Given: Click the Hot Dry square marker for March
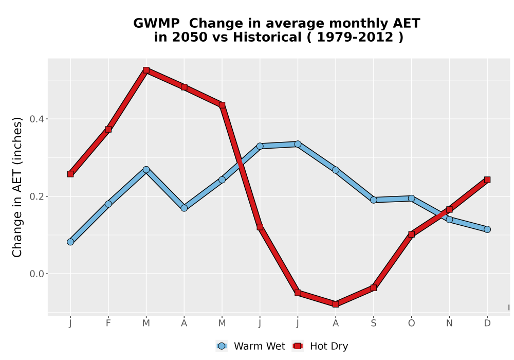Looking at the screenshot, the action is pyautogui.click(x=146, y=70).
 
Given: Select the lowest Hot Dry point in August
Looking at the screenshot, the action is pyautogui.click(x=336, y=304).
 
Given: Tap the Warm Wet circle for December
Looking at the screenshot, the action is pyautogui.click(x=487, y=229).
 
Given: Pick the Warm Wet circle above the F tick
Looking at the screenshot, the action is pyautogui.click(x=108, y=204).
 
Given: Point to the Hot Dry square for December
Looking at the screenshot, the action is pyautogui.click(x=487, y=179).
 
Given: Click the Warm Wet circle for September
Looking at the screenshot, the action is pyautogui.click(x=374, y=200).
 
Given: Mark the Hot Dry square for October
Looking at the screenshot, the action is pyautogui.click(x=411, y=234).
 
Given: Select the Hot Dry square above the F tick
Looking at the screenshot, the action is pyautogui.click(x=108, y=129).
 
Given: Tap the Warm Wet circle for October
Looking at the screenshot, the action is pyautogui.click(x=411, y=199).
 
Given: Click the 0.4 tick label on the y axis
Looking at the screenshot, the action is pyautogui.click(x=36, y=119).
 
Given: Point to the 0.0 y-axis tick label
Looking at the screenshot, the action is pyautogui.click(x=36, y=274).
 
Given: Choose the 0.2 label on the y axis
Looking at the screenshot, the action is pyautogui.click(x=36, y=196).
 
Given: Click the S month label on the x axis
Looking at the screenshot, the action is pyautogui.click(x=374, y=323).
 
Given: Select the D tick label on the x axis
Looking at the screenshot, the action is pyautogui.click(x=487, y=323).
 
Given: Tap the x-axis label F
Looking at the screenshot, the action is pyautogui.click(x=108, y=323).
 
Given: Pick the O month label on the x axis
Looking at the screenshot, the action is pyautogui.click(x=411, y=323).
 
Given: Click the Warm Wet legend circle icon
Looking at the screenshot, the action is pyautogui.click(x=222, y=346).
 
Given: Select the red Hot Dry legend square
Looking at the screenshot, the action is pyautogui.click(x=298, y=346).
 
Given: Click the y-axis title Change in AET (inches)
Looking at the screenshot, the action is pyautogui.click(x=17, y=187).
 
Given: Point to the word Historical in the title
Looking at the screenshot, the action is pyautogui.click(x=267, y=37).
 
